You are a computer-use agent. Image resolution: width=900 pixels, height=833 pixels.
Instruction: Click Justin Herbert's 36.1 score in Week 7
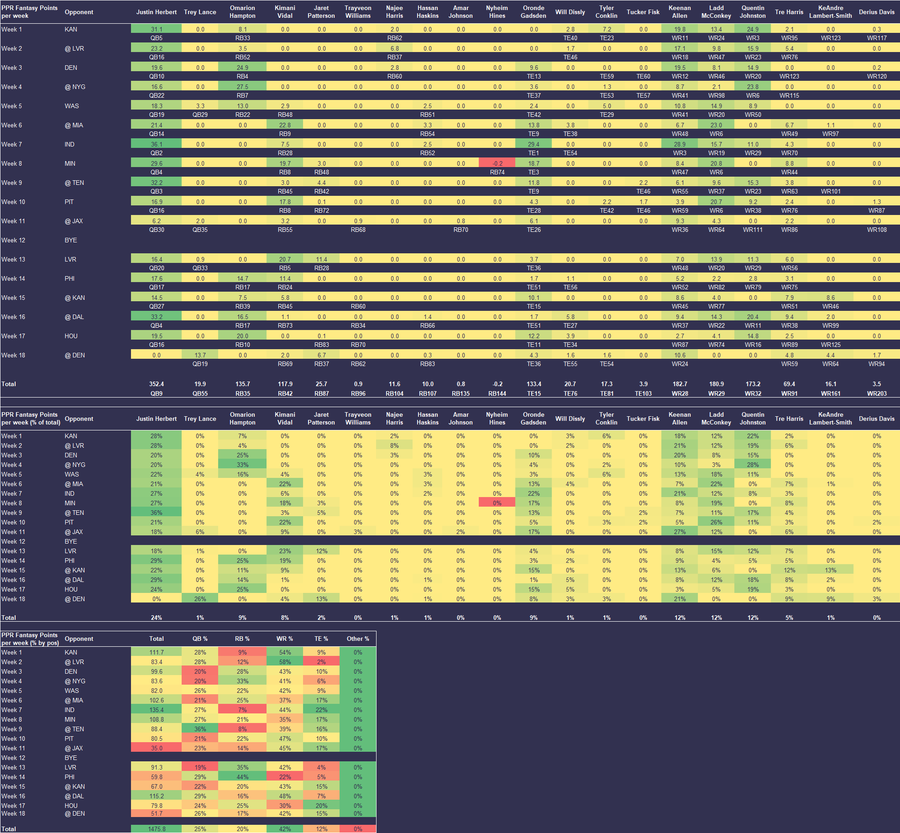point(156,144)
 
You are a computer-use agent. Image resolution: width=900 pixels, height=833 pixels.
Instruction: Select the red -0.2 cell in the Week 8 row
point(497,163)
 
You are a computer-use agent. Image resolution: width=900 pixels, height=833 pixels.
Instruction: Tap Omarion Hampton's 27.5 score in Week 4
point(242,87)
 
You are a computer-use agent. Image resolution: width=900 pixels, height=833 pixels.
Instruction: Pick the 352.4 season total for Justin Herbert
point(156,384)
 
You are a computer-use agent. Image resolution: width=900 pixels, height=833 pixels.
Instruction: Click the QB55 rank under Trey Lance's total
point(200,393)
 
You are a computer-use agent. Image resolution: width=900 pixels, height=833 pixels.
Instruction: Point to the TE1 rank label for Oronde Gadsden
point(534,153)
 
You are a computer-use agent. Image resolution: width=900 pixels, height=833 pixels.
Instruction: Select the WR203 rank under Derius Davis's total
point(877,393)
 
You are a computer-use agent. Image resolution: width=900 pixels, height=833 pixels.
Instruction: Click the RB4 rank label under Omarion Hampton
point(242,76)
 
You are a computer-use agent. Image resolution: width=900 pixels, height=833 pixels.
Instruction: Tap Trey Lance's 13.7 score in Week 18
point(200,355)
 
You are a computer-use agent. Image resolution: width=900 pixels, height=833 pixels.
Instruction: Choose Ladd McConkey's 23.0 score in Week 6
point(716,125)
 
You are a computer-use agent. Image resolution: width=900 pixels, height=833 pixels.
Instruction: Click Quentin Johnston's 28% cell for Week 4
point(753,465)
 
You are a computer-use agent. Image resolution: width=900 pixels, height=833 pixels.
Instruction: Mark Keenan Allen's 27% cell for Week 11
point(680,532)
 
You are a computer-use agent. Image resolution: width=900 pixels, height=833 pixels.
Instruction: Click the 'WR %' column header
point(285,639)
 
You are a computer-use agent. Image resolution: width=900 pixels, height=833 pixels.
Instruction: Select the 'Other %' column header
point(358,639)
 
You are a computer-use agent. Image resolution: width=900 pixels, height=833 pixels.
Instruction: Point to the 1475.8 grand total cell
point(156,829)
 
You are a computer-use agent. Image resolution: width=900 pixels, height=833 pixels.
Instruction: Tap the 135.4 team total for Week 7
point(156,710)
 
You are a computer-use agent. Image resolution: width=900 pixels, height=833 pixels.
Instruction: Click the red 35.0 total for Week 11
point(156,748)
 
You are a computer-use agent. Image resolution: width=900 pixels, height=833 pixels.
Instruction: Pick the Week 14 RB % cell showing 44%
point(242,777)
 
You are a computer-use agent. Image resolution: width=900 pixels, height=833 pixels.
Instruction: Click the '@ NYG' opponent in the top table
point(75,87)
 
